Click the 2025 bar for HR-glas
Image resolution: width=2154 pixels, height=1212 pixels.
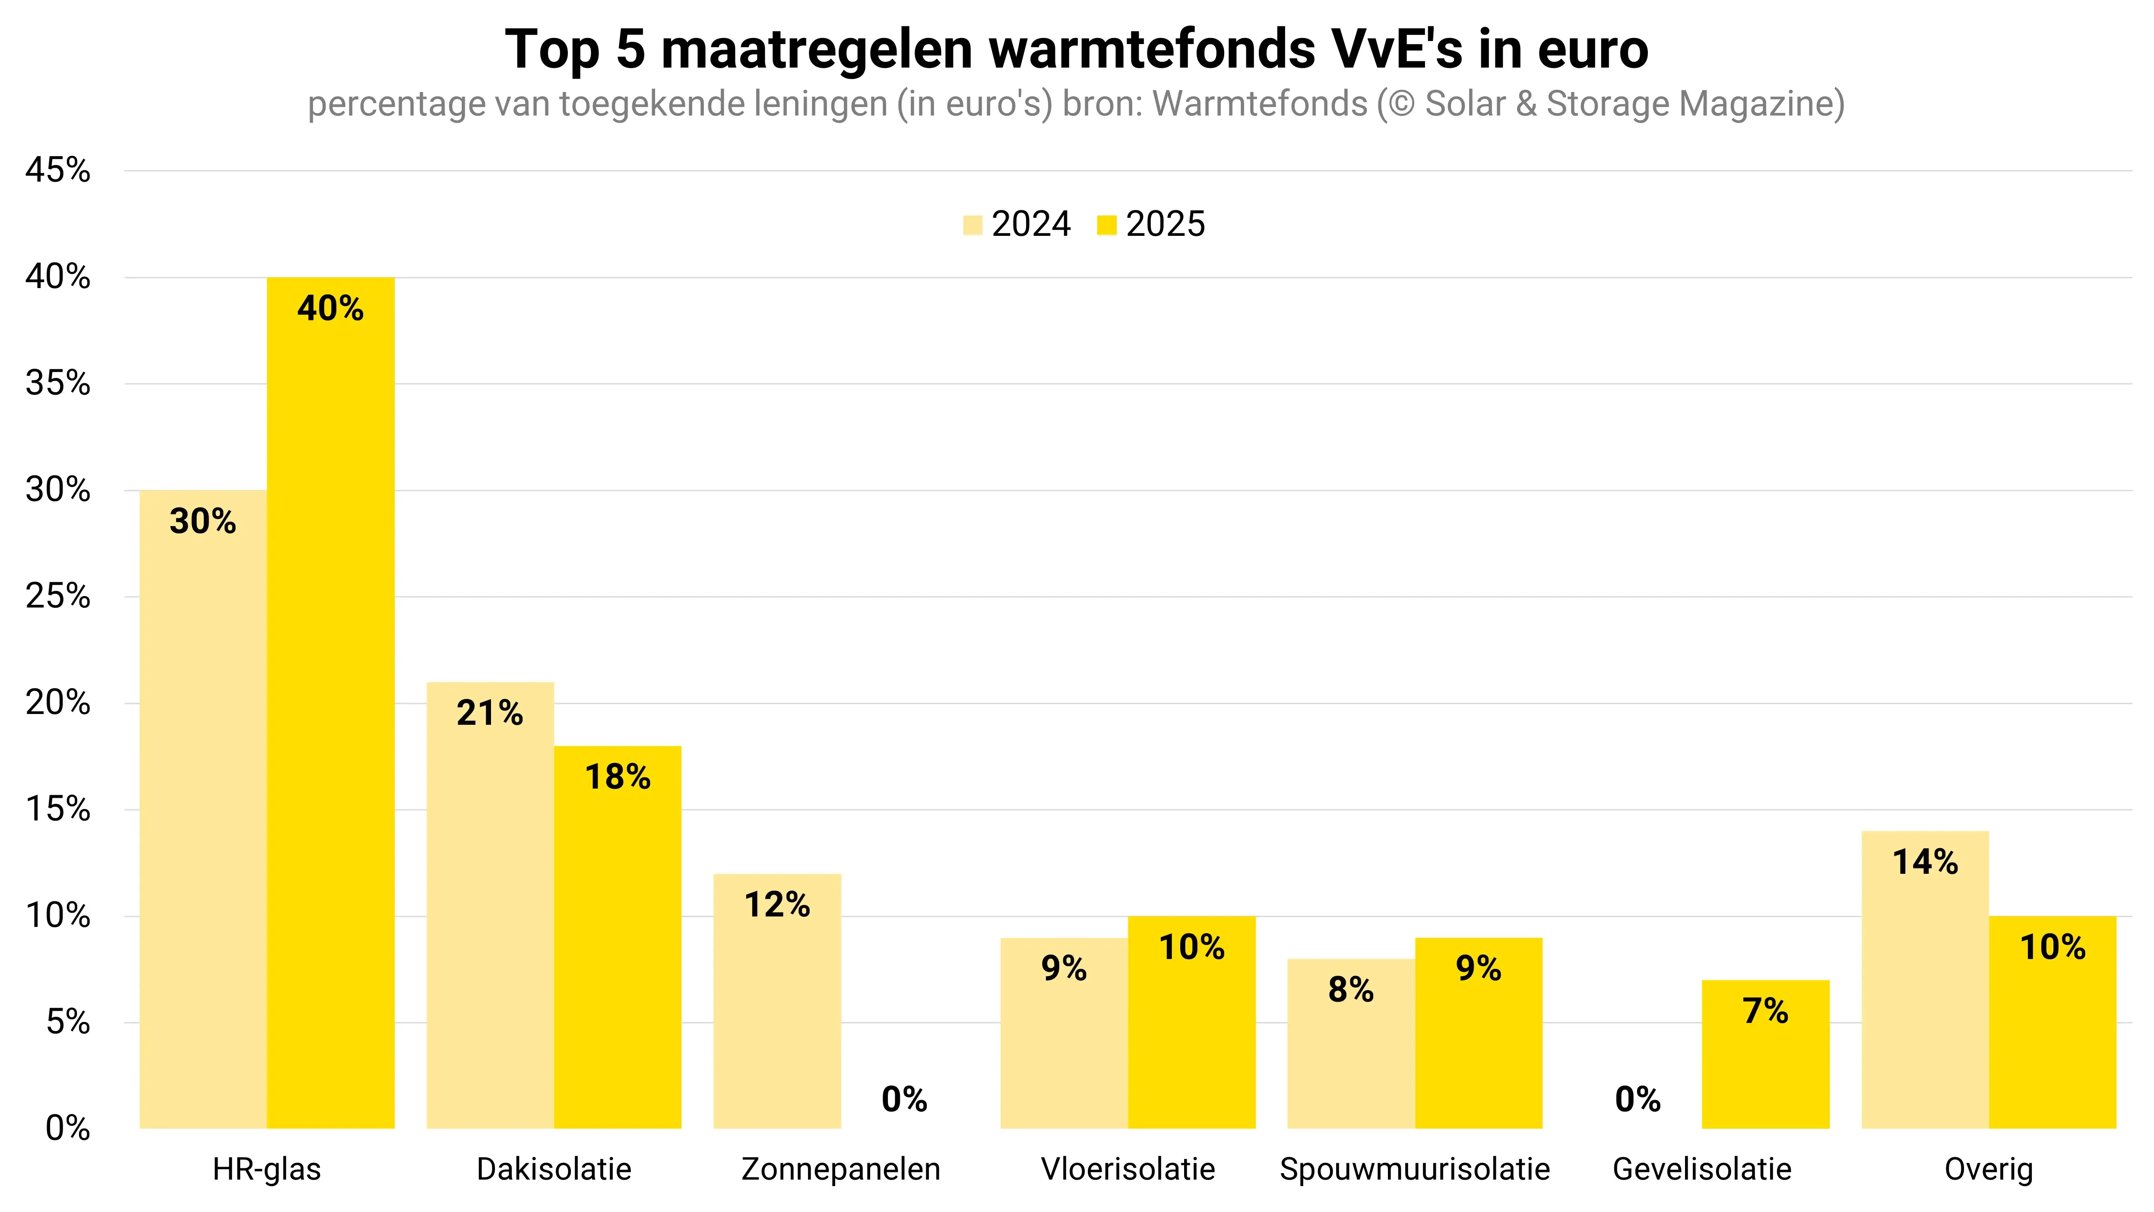[330, 703]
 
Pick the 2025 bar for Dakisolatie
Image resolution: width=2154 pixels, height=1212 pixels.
[617, 937]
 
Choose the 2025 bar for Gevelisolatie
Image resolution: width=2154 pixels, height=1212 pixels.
[1765, 1054]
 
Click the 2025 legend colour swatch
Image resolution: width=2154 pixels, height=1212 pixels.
[1106, 225]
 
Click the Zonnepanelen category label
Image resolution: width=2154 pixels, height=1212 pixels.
[840, 1168]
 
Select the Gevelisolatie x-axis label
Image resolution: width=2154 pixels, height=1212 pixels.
[1701, 1168]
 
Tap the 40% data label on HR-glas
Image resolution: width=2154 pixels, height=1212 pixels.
[330, 309]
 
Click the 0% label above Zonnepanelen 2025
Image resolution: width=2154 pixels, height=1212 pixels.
[904, 1099]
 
